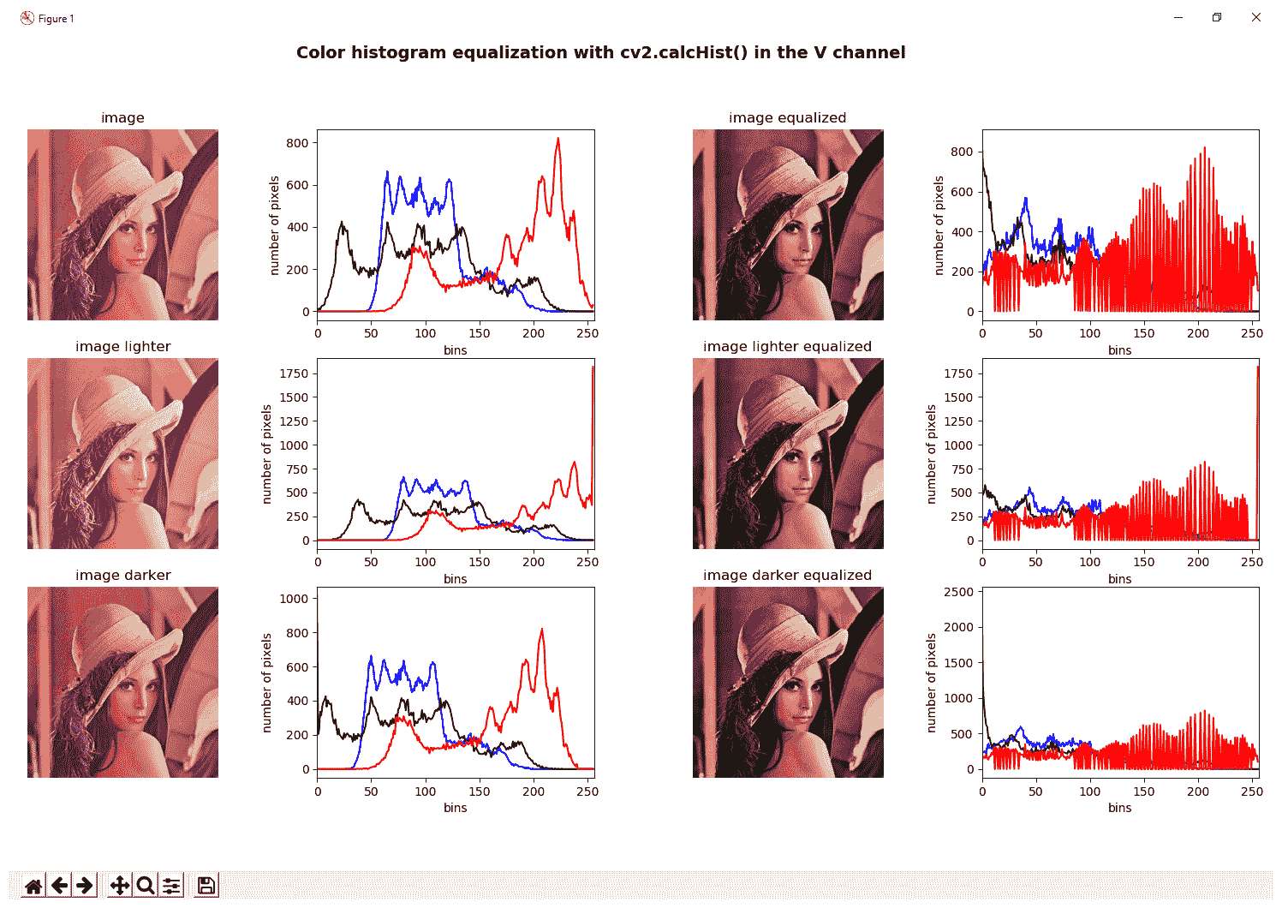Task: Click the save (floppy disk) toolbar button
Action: (206, 886)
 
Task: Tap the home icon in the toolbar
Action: (33, 886)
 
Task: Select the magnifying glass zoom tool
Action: (146, 886)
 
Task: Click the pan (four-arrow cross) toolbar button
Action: (120, 886)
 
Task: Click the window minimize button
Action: (1178, 17)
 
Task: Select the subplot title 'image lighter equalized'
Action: (787, 346)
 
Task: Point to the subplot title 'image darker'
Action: (122, 575)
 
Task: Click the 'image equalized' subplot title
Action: (787, 117)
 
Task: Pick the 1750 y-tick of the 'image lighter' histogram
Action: (294, 373)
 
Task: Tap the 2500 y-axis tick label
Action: (958, 592)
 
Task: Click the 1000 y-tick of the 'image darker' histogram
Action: (294, 599)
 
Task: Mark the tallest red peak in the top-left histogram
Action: (558, 140)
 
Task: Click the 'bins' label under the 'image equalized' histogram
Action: (1119, 349)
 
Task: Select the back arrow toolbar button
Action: (59, 886)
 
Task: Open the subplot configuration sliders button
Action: (171, 886)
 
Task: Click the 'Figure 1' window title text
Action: (56, 18)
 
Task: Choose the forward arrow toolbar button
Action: (84, 886)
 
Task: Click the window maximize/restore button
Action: (1217, 17)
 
